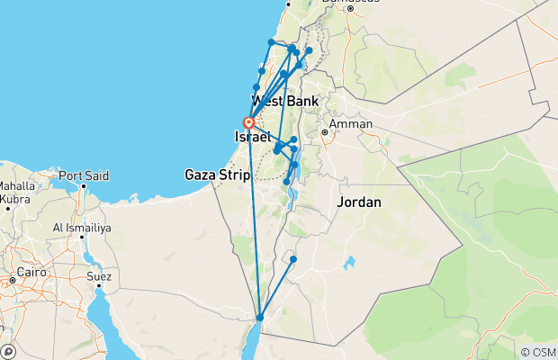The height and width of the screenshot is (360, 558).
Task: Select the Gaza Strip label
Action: (x=217, y=175)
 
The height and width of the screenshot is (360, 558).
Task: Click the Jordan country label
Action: (x=359, y=202)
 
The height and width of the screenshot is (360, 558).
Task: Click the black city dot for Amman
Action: (x=325, y=132)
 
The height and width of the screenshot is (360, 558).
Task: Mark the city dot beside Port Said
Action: (x=83, y=186)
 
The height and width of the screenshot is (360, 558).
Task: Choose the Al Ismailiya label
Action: (x=81, y=229)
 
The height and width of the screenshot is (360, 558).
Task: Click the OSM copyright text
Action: (x=537, y=352)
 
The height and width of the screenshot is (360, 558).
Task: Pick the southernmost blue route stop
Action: (x=259, y=318)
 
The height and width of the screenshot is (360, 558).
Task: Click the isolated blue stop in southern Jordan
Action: (x=293, y=259)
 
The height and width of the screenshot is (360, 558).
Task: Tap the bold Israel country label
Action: (x=252, y=136)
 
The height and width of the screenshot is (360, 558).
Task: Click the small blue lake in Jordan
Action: (x=348, y=264)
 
